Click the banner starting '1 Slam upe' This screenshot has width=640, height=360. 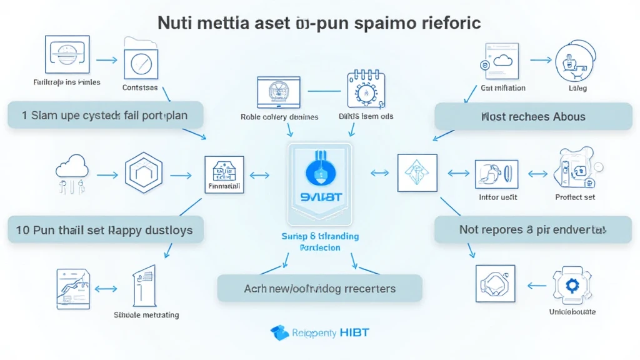click(x=104, y=116)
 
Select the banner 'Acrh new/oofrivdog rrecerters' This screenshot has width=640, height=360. click(x=319, y=289)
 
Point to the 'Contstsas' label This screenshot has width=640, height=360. click(x=140, y=88)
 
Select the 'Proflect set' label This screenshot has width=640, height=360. click(x=575, y=197)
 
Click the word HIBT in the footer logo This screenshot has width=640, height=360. click(x=354, y=332)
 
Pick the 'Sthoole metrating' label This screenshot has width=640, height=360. click(x=146, y=315)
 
